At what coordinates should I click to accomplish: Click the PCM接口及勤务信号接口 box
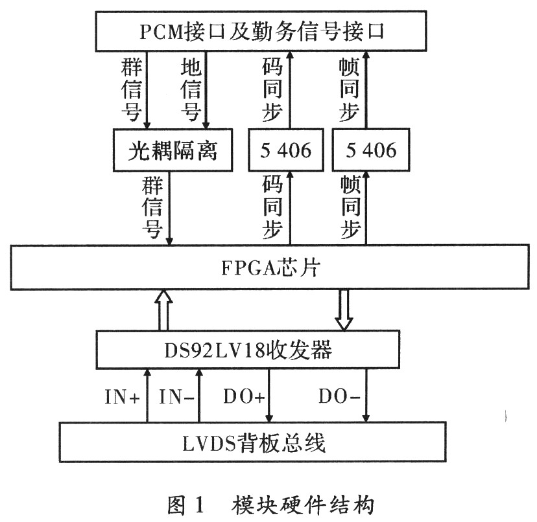(261, 31)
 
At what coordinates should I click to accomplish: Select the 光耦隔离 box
(173, 150)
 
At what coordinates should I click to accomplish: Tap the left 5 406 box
(286, 150)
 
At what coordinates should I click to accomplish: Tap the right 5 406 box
(371, 150)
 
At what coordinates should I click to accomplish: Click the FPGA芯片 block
(270, 267)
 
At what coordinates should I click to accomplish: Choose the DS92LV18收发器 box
(248, 349)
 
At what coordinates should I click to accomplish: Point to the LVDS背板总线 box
(253, 442)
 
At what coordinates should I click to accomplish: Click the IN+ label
(123, 397)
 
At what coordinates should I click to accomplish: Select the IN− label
(176, 397)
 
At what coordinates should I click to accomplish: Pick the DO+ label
(245, 397)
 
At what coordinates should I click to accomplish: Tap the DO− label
(339, 397)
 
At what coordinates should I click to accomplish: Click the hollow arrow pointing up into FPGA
(163, 310)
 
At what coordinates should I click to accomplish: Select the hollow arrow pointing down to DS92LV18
(344, 310)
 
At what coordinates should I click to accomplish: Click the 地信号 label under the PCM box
(191, 89)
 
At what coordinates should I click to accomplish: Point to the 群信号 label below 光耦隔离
(152, 207)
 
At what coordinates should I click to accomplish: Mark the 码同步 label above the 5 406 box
(272, 89)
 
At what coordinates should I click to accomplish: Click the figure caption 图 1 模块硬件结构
(270, 506)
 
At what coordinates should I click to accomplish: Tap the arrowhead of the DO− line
(366, 418)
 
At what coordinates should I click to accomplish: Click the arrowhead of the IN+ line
(147, 373)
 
